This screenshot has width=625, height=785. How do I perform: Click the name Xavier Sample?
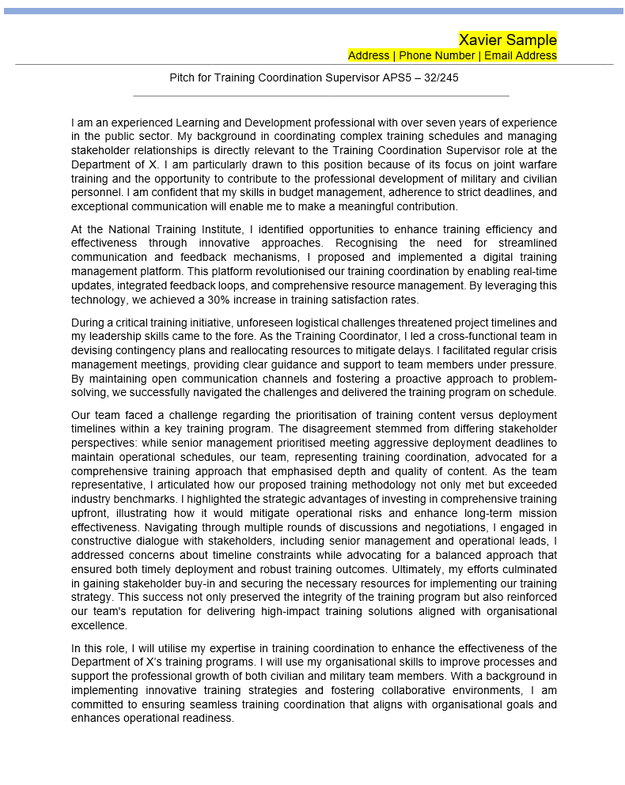tap(507, 40)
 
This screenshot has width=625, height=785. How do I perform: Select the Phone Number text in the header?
tap(437, 55)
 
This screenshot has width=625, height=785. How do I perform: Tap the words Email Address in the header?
tap(521, 55)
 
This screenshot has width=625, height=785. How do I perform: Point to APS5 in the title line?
tap(388, 78)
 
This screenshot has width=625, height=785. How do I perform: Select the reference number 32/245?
tap(441, 78)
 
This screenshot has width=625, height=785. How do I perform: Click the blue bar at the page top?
tap(312, 11)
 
